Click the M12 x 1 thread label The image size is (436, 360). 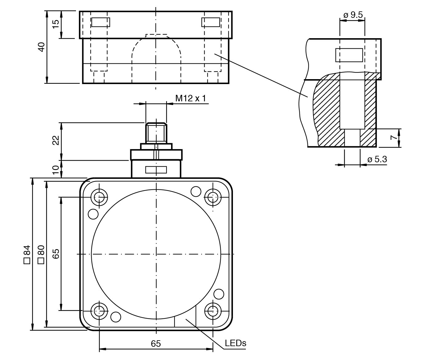(190, 98)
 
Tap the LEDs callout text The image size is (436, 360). (235, 343)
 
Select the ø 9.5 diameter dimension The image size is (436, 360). (353, 15)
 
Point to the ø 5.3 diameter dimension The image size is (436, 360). (377, 160)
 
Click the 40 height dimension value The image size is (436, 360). (41, 47)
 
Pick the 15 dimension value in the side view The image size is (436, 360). (56, 24)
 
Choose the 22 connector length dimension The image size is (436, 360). (56, 140)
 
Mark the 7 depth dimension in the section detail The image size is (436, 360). (394, 137)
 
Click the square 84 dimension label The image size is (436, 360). (27, 254)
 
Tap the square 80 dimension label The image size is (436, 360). (41, 254)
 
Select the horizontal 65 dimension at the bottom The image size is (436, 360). (156, 344)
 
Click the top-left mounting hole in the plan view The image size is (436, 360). (99, 197)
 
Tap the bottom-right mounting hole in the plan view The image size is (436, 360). (213, 311)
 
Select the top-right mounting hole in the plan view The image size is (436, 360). (213, 197)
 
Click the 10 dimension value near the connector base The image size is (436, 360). (56, 169)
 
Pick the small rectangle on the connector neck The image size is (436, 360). (156, 170)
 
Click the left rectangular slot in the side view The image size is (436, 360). (101, 22)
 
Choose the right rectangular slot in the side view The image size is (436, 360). (211, 22)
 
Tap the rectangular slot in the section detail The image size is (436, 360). (349, 55)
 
